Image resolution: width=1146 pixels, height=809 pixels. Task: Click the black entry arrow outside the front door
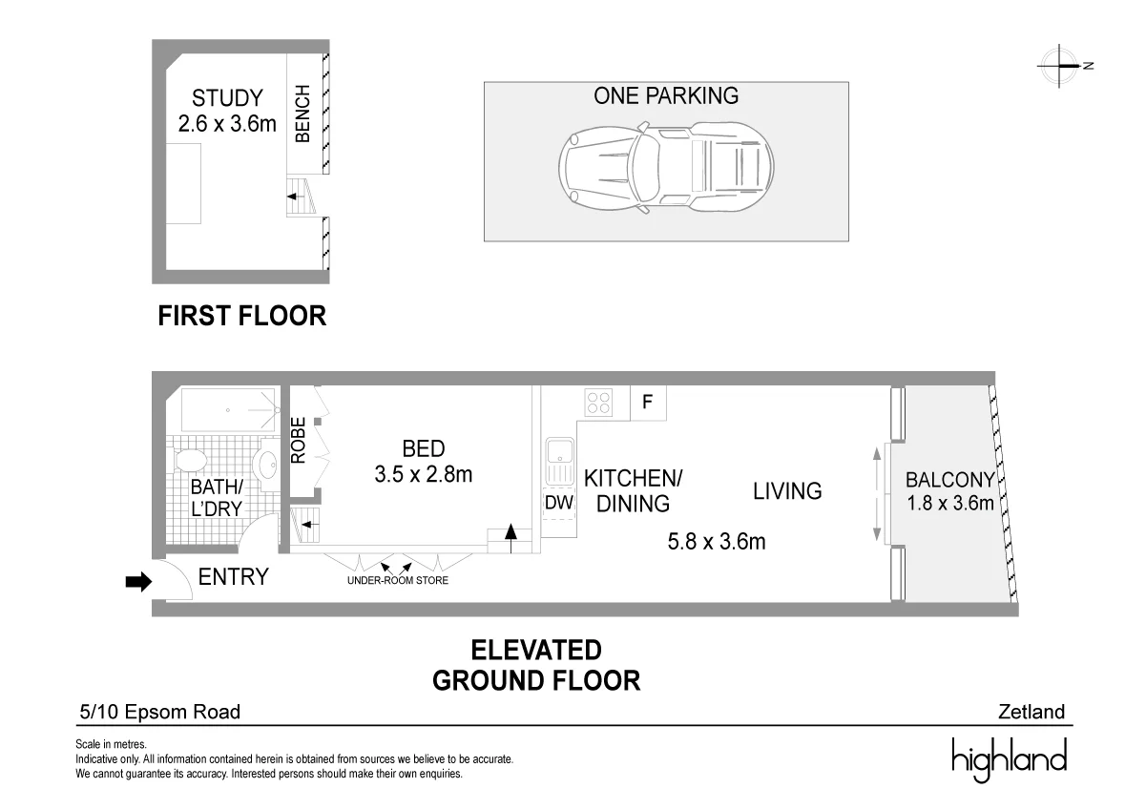(138, 581)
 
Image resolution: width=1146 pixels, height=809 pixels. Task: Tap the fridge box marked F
(648, 403)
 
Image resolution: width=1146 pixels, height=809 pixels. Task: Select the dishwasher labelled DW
(559, 503)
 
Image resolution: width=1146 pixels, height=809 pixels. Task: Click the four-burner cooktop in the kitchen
(598, 402)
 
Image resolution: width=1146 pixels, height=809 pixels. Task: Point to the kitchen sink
(560, 461)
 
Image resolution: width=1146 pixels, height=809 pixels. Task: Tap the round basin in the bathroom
(267, 465)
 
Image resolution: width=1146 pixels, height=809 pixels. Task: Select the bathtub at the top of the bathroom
(229, 410)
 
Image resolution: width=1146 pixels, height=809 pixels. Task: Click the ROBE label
(299, 441)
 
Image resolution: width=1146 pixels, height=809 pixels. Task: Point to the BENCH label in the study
(302, 114)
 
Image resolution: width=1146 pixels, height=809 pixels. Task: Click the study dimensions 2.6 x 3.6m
(227, 124)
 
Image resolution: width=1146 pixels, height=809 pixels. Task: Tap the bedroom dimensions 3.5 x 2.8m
(423, 474)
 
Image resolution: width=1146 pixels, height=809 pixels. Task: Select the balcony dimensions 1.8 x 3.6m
(950, 503)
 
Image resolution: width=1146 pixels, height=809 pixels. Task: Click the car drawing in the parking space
(666, 167)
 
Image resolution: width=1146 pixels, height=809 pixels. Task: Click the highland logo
(1009, 758)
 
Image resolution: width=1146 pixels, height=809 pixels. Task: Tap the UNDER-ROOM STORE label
(398, 580)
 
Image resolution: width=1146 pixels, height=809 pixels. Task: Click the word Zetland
(1031, 712)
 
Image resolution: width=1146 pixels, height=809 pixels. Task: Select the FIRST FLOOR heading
(242, 316)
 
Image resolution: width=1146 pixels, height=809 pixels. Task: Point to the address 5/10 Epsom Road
(160, 712)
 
